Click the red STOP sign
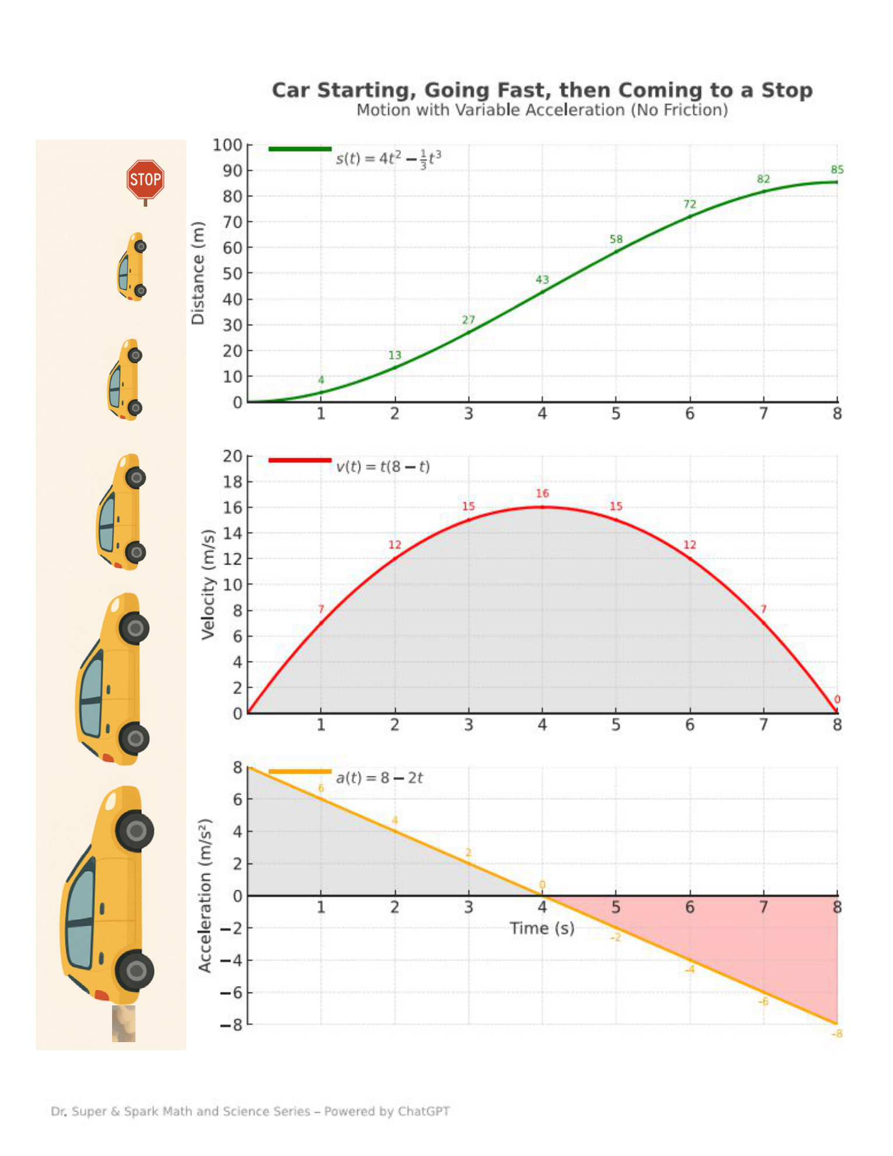(x=145, y=180)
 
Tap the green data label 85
(x=837, y=170)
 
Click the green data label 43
(x=542, y=280)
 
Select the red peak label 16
(x=542, y=493)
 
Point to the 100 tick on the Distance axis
(x=227, y=145)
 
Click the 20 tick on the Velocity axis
(x=232, y=456)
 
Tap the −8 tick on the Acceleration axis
(x=231, y=1025)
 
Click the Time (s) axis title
(x=542, y=928)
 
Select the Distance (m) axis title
(x=198, y=273)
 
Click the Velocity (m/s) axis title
(x=208, y=584)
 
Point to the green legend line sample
(x=299, y=149)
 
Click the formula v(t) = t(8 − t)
(x=383, y=467)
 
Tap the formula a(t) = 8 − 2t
(x=379, y=778)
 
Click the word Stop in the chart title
(x=786, y=90)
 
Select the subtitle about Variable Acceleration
(x=542, y=110)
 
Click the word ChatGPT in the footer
(x=424, y=1111)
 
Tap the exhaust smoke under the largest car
(x=124, y=1023)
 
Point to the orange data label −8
(x=836, y=1034)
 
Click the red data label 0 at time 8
(x=837, y=699)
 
